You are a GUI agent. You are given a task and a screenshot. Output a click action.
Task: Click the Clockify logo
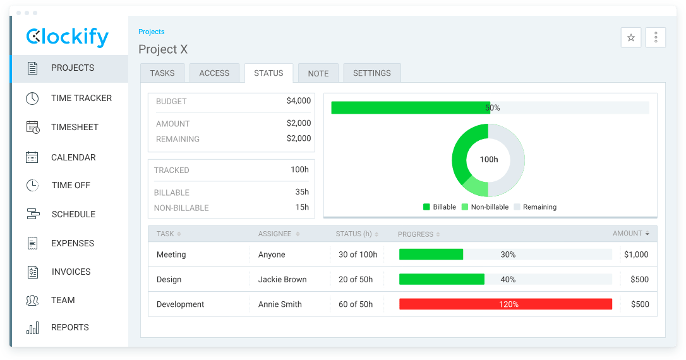pyautogui.click(x=68, y=37)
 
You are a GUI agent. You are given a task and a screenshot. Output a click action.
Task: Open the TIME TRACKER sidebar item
pyautogui.click(x=81, y=98)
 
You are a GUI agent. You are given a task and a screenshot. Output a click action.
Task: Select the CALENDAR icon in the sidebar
pyautogui.click(x=32, y=157)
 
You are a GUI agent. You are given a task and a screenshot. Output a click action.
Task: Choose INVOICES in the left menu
pyautogui.click(x=71, y=272)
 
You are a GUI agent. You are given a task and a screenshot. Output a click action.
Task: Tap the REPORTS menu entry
pyautogui.click(x=69, y=327)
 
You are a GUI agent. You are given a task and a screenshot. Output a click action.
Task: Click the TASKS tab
pyautogui.click(x=162, y=73)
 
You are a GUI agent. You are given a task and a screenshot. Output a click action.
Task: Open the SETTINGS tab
pyautogui.click(x=371, y=73)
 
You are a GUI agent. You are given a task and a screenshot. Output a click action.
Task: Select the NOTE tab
pyautogui.click(x=318, y=73)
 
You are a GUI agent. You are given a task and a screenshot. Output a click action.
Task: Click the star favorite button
pyautogui.click(x=630, y=38)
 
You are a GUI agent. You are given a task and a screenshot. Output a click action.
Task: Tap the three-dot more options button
pyautogui.click(x=656, y=38)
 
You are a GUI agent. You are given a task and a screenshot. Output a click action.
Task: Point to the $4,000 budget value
pyautogui.click(x=298, y=101)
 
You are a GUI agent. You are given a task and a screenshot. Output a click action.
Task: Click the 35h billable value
pyautogui.click(x=302, y=192)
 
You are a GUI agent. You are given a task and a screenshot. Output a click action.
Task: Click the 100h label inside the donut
pyautogui.click(x=488, y=160)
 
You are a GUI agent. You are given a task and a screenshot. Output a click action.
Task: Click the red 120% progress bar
pyautogui.click(x=505, y=304)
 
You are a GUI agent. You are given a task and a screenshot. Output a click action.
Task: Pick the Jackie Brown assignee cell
pyautogui.click(x=282, y=279)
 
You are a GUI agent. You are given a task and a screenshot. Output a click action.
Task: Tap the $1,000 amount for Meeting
pyautogui.click(x=635, y=255)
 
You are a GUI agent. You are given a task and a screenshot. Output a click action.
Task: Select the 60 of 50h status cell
pyautogui.click(x=356, y=304)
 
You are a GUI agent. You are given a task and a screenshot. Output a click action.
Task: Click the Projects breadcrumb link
pyautogui.click(x=152, y=32)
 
